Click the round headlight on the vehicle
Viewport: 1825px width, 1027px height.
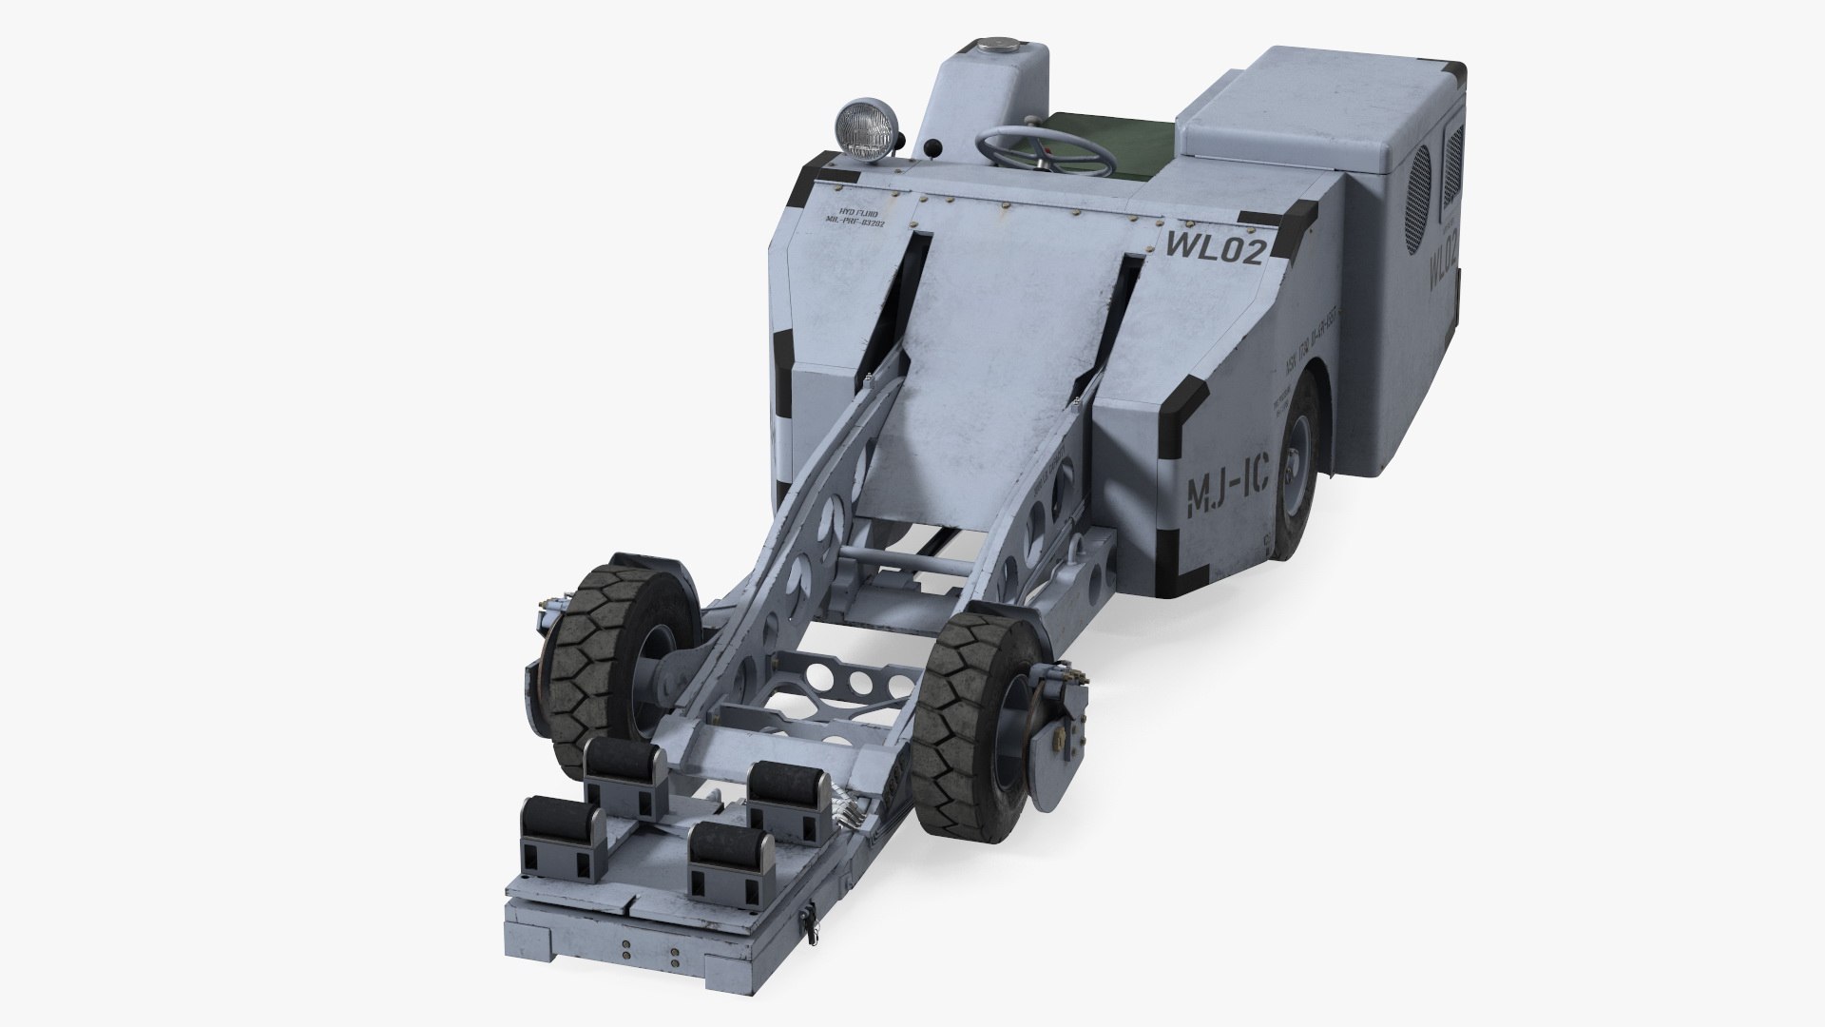pos(862,126)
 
